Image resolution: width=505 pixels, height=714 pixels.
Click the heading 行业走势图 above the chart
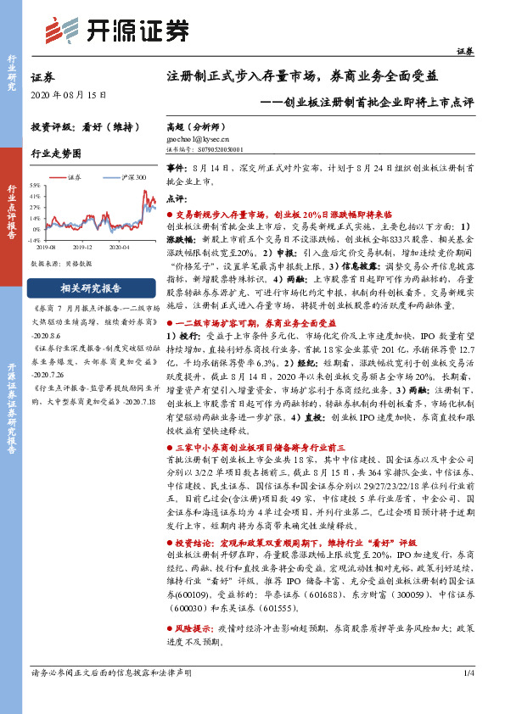point(56,154)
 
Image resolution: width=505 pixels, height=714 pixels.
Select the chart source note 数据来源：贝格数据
point(61,264)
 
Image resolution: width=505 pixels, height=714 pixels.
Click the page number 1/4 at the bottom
point(469,697)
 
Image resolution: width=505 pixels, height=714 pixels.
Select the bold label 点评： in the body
point(177,197)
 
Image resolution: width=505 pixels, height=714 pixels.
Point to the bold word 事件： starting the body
point(177,170)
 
